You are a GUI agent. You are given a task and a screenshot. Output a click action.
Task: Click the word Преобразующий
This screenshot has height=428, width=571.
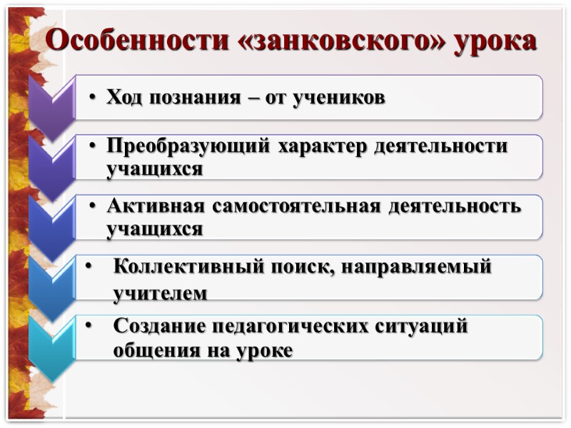coord(187,146)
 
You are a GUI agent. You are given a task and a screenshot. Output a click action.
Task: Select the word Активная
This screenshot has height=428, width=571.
coord(156,207)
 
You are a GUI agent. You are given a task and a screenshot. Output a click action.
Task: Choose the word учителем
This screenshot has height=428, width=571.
coord(161,292)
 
